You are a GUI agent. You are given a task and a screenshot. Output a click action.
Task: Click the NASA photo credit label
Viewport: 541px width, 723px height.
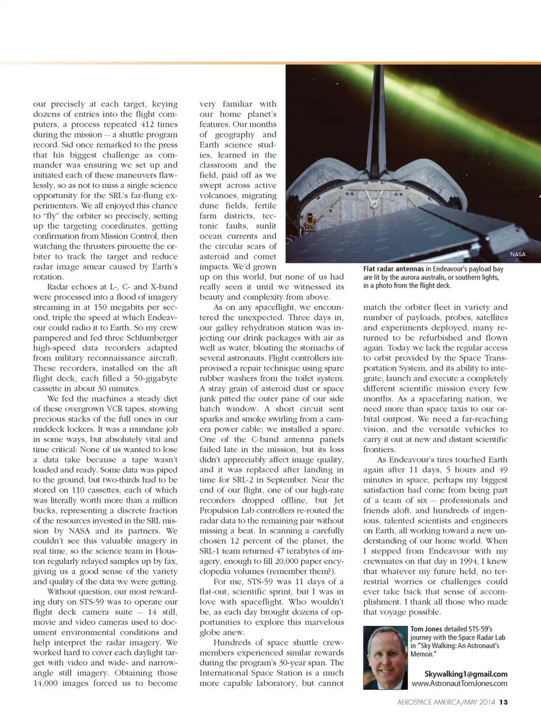coord(517,255)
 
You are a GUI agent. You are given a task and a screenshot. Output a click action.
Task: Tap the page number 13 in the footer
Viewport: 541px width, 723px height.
coord(504,702)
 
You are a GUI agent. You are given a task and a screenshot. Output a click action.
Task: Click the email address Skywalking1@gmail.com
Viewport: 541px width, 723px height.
coord(465,674)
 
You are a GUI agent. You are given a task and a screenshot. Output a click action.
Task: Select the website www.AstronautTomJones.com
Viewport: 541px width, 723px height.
coord(459,684)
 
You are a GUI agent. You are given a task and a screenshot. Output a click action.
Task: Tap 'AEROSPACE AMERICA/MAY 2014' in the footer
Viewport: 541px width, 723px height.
coord(446,702)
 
